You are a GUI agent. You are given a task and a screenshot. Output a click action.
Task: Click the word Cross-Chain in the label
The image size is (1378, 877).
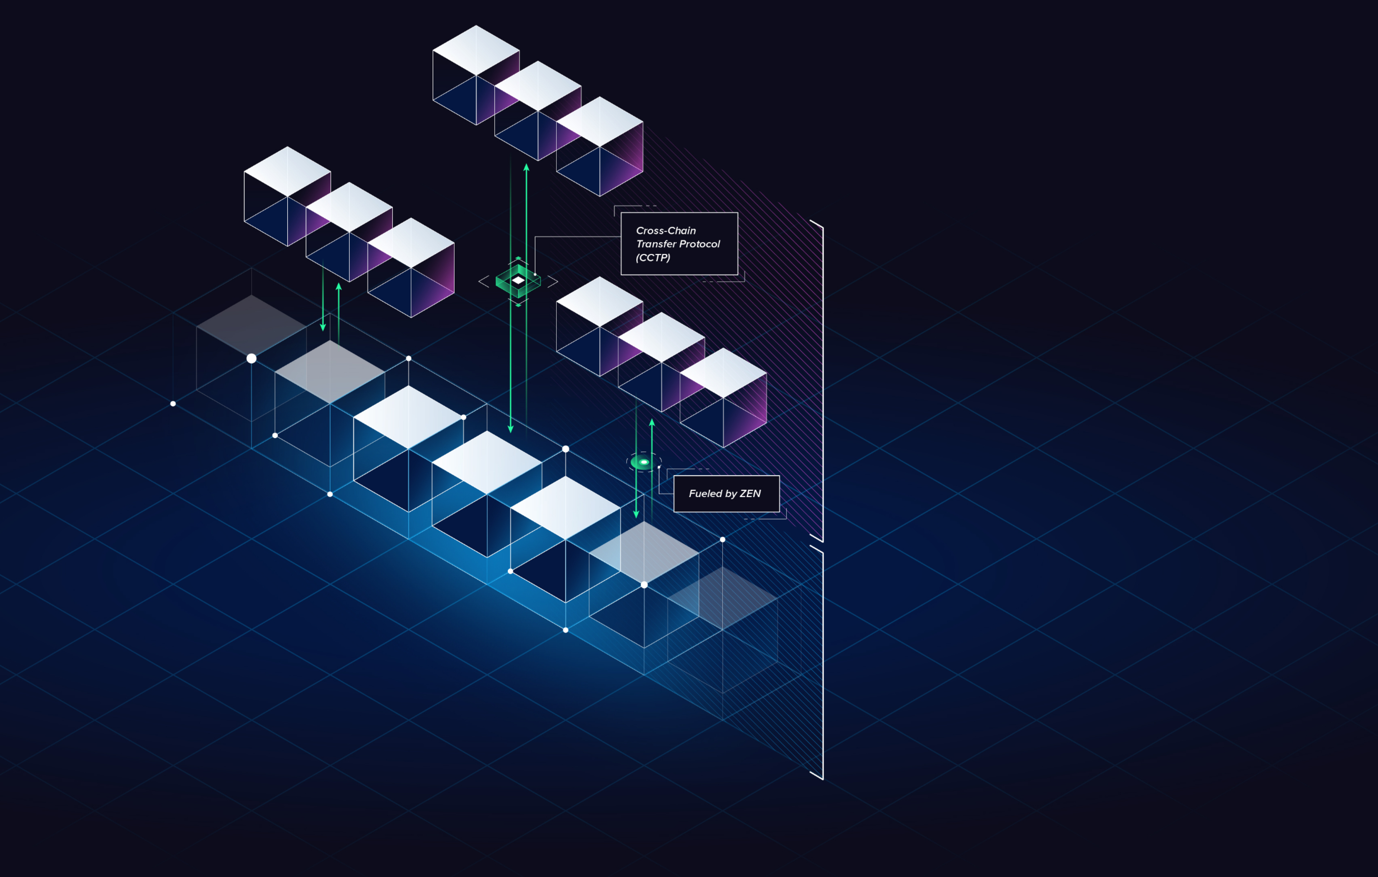(666, 231)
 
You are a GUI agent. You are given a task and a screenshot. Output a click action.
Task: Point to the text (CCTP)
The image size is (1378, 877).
(653, 258)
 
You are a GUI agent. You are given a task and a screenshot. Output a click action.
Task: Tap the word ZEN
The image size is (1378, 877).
(750, 494)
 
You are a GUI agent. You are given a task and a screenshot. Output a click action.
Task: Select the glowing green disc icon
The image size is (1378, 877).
(643, 462)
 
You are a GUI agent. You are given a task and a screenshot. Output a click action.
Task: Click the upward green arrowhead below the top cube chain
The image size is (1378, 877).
(527, 168)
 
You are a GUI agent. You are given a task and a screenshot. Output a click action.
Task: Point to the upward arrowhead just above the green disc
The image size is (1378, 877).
(652, 423)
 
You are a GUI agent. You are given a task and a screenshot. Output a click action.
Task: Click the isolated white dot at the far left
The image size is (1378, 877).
(173, 404)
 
